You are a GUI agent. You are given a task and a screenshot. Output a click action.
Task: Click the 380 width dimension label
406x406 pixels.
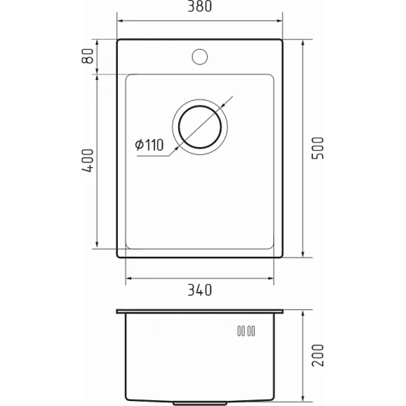pyautogui.click(x=199, y=6)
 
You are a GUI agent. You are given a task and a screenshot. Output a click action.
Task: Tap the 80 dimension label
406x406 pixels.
pyautogui.click(x=87, y=56)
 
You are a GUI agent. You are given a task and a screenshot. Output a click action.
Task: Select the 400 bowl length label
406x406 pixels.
pyautogui.click(x=87, y=160)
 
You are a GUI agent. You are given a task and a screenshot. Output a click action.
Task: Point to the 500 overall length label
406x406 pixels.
pyautogui.click(x=318, y=148)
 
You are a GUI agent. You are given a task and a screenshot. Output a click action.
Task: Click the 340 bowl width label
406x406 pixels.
pyautogui.click(x=199, y=290)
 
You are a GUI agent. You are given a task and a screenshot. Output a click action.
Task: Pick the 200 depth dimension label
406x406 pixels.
pyautogui.click(x=318, y=355)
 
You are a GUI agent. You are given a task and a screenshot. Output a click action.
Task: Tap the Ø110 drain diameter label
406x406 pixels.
pyautogui.click(x=149, y=145)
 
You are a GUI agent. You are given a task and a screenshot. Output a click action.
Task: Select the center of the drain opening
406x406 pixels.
pyautogui.click(x=200, y=127)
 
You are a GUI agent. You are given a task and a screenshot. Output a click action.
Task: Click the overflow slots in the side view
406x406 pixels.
pyautogui.click(x=246, y=331)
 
